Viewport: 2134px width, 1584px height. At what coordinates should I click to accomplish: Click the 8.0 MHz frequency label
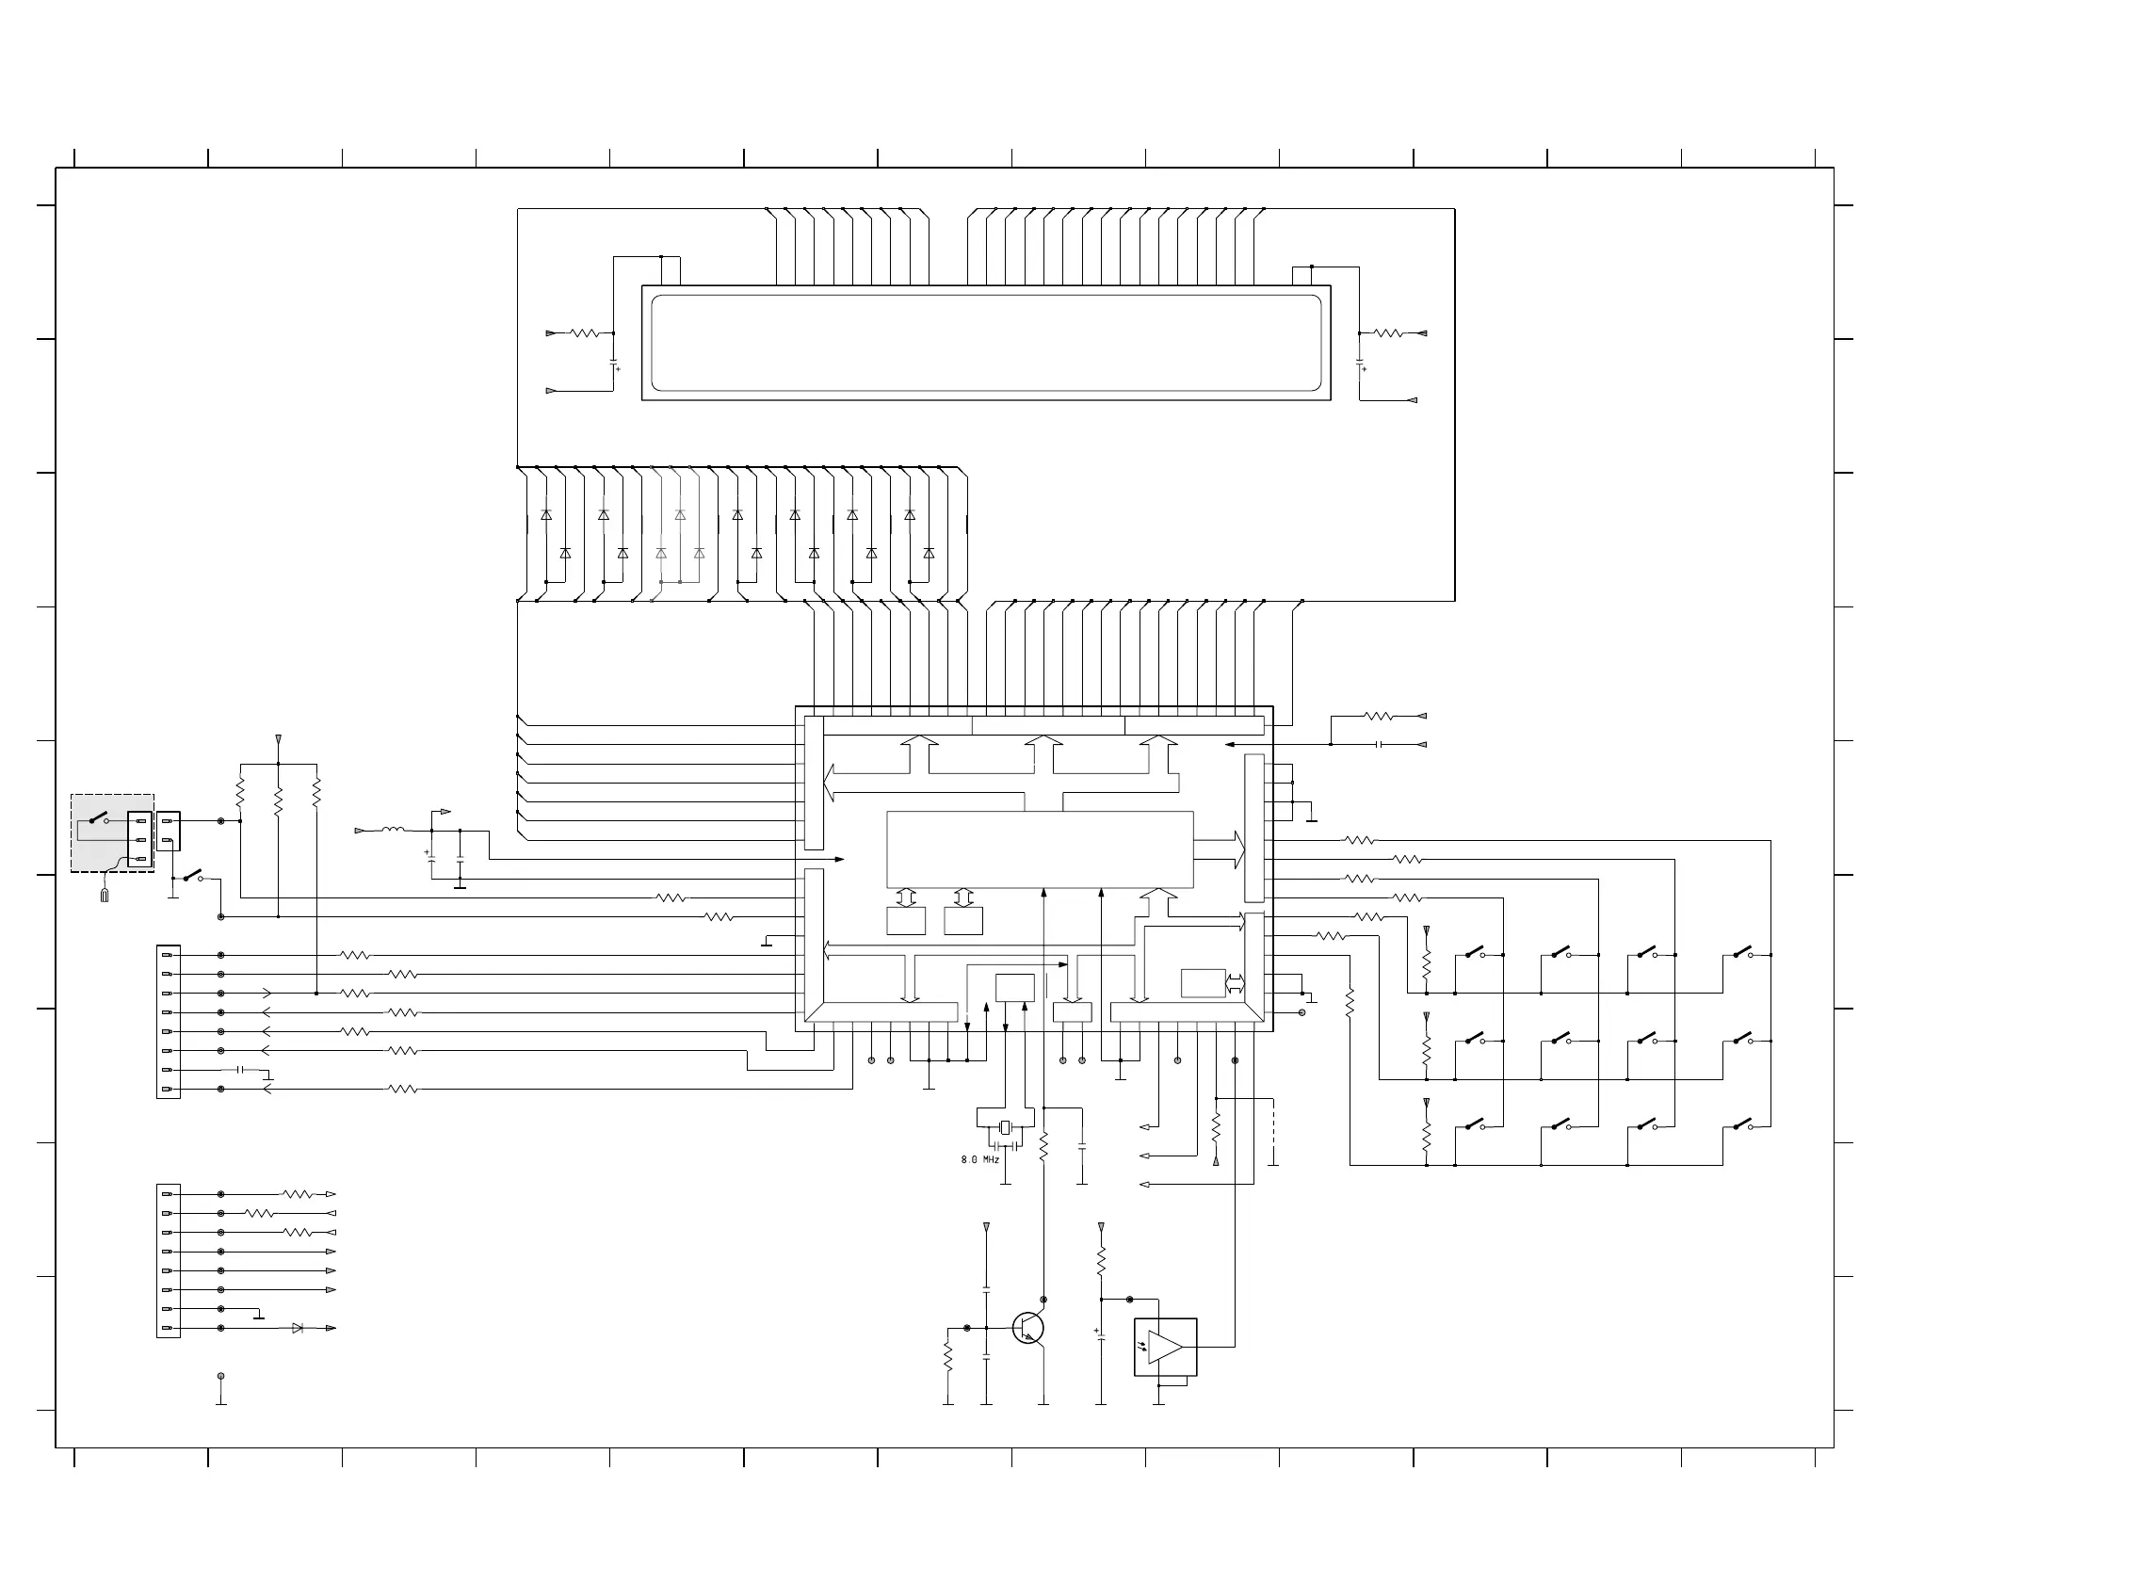click(x=979, y=1160)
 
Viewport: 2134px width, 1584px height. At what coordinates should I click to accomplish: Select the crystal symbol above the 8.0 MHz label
click(x=1005, y=1127)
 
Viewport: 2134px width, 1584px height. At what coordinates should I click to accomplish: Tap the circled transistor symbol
click(x=1027, y=1328)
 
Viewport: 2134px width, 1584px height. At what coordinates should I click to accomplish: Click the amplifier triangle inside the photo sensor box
click(x=1165, y=1348)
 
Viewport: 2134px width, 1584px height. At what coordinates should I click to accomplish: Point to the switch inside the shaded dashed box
click(x=98, y=820)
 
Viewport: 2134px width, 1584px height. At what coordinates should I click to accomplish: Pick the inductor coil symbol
click(x=393, y=830)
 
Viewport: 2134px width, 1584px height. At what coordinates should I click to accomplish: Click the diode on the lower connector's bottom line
click(x=298, y=1328)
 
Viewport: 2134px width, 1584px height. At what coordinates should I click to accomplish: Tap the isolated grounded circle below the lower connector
click(x=221, y=1377)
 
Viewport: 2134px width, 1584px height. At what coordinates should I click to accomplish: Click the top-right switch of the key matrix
click(x=1743, y=953)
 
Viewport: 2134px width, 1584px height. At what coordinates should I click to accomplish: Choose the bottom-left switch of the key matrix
click(x=1475, y=1124)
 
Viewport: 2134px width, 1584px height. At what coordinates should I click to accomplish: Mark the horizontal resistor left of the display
click(x=584, y=333)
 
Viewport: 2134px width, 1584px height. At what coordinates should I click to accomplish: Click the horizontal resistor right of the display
click(x=1388, y=333)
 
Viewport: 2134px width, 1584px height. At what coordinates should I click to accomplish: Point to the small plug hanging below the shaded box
click(x=105, y=895)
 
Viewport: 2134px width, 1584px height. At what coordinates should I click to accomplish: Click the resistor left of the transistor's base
click(x=948, y=1356)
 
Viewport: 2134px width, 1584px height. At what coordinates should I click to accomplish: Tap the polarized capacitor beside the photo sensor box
click(x=1101, y=1333)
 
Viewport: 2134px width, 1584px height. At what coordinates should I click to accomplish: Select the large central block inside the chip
click(x=1039, y=849)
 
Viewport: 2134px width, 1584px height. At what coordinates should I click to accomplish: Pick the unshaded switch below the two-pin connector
click(x=193, y=876)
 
